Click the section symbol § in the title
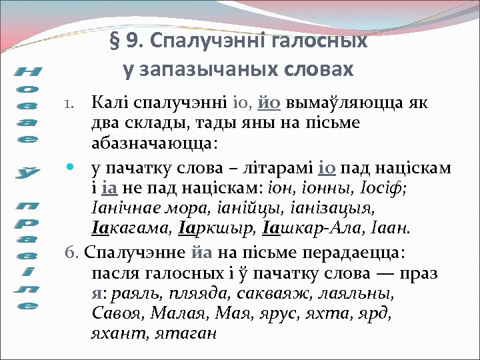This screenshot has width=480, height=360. pyautogui.click(x=114, y=41)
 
